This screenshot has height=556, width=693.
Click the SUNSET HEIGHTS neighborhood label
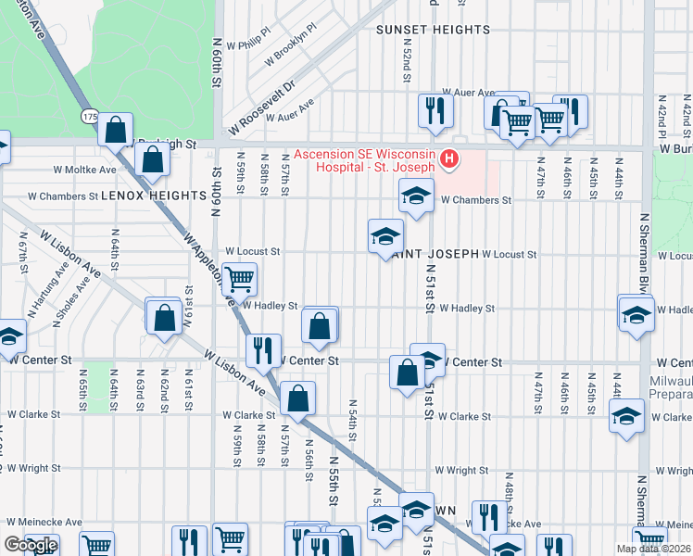[x=433, y=30]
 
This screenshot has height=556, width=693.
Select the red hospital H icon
[x=449, y=160]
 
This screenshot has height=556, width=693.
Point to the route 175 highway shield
[x=90, y=117]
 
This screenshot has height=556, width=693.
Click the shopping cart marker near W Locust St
[x=239, y=277]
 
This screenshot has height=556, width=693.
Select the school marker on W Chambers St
[x=416, y=196]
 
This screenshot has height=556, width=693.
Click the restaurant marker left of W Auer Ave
[x=433, y=111]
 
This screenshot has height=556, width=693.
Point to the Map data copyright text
[x=659, y=549]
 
